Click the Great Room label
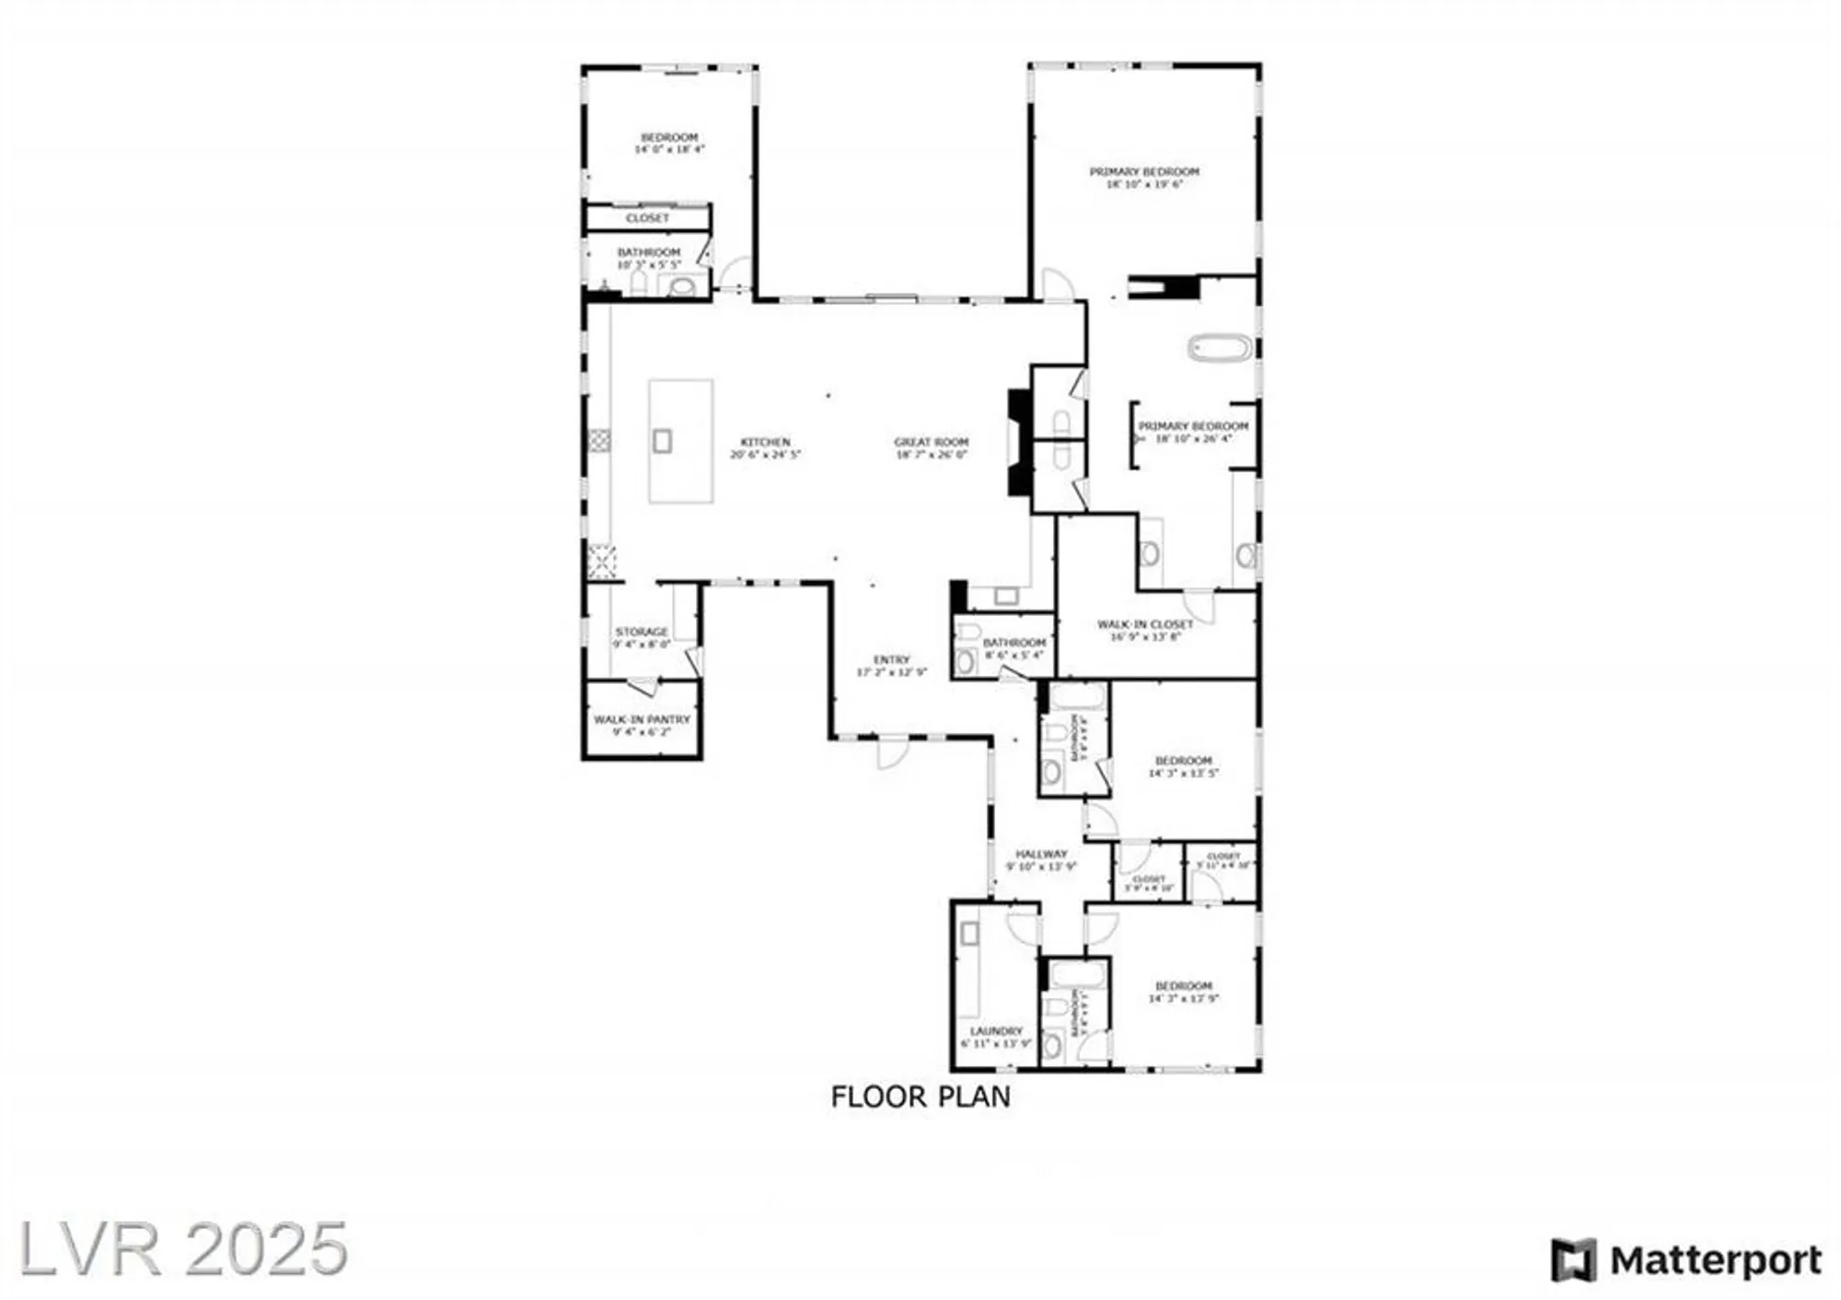pos(931,442)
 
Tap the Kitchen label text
pos(766,442)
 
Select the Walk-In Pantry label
pos(642,719)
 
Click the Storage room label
pos(642,632)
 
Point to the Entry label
pos(891,659)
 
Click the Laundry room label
pos(996,1031)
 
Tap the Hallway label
pos(1041,853)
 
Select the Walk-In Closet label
pos(1145,624)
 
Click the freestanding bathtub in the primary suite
pos(1220,348)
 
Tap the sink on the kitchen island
pos(662,441)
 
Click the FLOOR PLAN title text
pos(920,1097)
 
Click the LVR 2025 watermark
pos(183,1248)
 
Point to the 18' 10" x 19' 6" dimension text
pos(1144,184)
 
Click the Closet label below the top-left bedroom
pos(647,218)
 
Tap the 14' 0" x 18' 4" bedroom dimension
pos(669,149)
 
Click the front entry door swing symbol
pos(892,753)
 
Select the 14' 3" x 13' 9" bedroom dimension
pos(1184,998)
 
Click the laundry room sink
pos(969,934)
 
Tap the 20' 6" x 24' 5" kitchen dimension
pos(766,454)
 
